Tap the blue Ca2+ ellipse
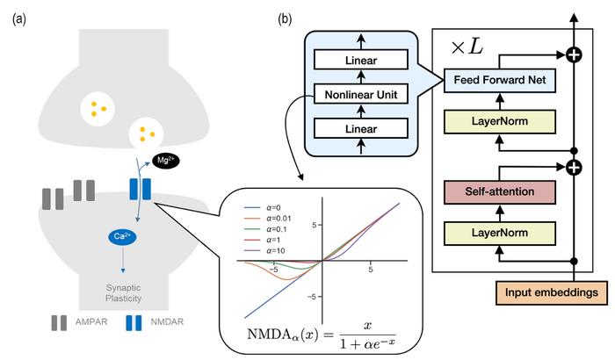(x=119, y=236)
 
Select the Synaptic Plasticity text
(x=112, y=291)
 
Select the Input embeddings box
(x=553, y=290)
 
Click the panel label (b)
(x=286, y=18)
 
